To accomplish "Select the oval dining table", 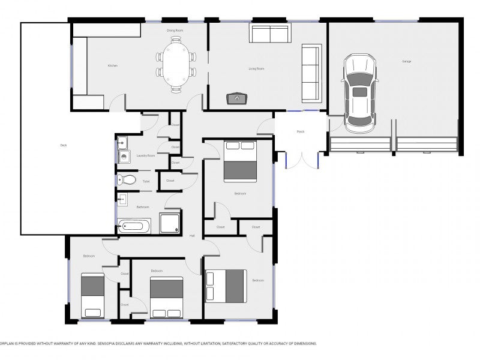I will click(176, 65).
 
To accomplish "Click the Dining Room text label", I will click(175, 29).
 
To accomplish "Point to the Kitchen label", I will click(112, 65).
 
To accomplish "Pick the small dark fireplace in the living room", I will click(236, 98).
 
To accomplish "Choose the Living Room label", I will click(256, 68).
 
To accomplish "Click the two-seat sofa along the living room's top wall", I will click(269, 35).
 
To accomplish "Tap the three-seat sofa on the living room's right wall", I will click(311, 73).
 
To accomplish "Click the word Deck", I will click(64, 145).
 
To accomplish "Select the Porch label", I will click(301, 131).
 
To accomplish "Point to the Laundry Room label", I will click(146, 155).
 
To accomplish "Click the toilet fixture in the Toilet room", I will click(126, 180).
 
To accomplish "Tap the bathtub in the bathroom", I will click(133, 227).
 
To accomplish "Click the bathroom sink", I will click(122, 200).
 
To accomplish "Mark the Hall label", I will click(192, 235).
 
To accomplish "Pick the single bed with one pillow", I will click(92, 295).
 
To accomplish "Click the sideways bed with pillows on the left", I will click(226, 286).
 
